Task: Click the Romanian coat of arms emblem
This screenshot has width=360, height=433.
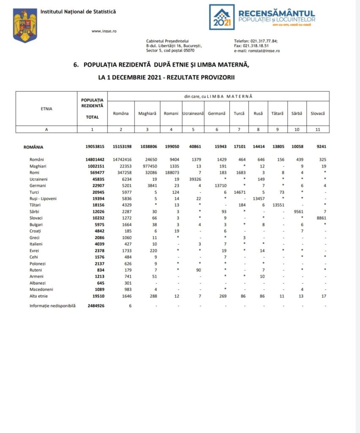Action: point(25,26)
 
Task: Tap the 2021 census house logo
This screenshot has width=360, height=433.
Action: point(222,17)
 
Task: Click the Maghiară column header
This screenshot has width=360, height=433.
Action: point(147,113)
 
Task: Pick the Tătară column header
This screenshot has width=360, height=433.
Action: point(278,113)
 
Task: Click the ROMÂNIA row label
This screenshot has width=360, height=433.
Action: point(33,147)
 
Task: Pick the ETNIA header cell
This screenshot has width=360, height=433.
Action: point(47,109)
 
